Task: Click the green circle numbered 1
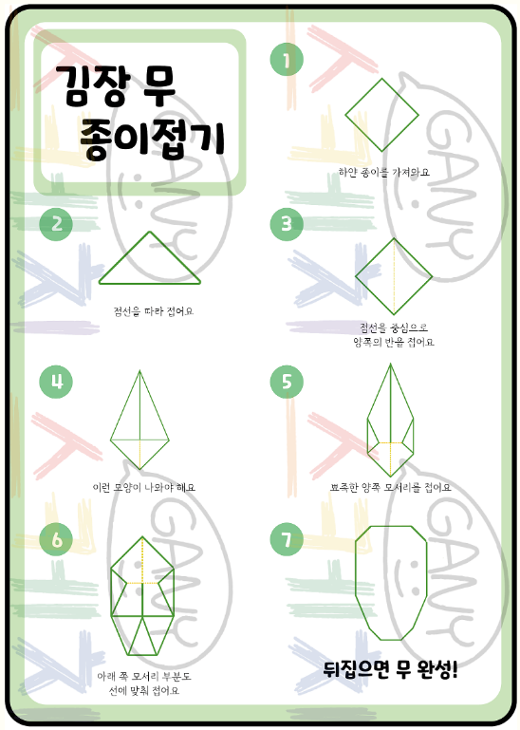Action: point(286,61)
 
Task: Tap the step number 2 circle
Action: point(57,224)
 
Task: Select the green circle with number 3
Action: point(287,224)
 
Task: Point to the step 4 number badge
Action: point(57,382)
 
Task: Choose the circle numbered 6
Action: point(57,539)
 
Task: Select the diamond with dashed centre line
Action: point(394,276)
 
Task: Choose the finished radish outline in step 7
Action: point(392,582)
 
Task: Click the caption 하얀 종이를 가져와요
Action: point(384,172)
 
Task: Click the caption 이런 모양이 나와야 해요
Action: point(143,487)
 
